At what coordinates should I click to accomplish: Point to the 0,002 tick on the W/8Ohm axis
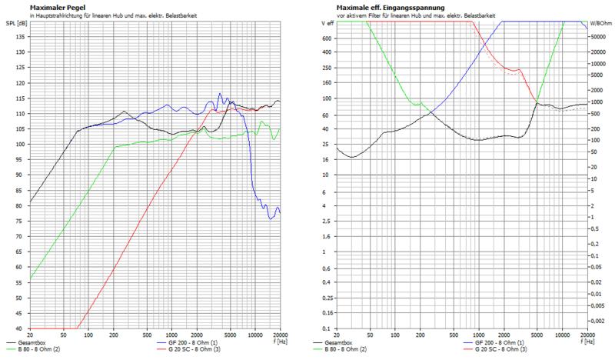(600, 318)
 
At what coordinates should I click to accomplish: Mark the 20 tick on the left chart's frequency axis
(30, 335)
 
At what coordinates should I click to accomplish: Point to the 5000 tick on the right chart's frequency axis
(535, 335)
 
